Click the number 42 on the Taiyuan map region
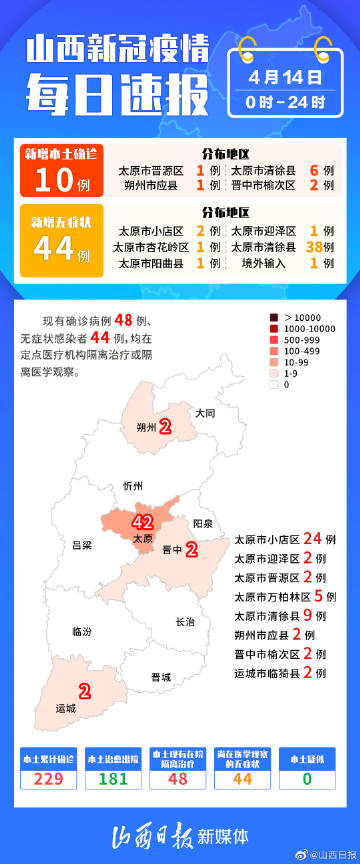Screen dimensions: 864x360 click(x=141, y=521)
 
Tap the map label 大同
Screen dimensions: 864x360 click(x=205, y=412)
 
